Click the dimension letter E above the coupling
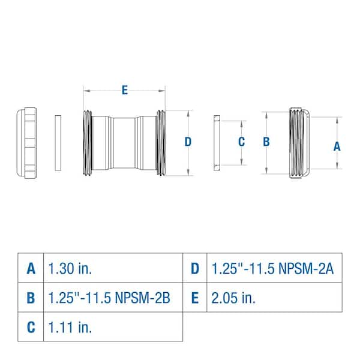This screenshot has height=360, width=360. click(124, 91)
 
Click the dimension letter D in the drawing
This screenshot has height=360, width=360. click(188, 142)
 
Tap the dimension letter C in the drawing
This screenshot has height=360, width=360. click(241, 142)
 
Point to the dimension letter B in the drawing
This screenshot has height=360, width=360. click(267, 142)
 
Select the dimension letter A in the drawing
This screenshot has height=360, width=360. click(337, 145)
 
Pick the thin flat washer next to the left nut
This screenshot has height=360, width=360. click(58, 143)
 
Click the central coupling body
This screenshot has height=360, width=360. click(124, 143)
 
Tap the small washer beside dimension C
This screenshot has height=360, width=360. click(217, 143)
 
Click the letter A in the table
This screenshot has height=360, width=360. click(31, 268)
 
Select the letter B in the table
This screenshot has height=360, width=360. click(31, 298)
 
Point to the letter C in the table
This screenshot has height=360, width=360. click(31, 328)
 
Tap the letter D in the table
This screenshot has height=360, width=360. click(194, 268)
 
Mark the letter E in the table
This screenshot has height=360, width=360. click(194, 298)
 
